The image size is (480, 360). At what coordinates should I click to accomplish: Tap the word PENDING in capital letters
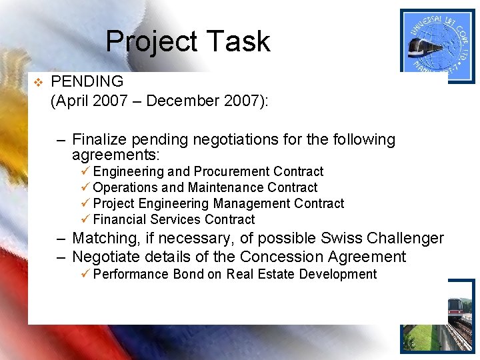[x=87, y=82]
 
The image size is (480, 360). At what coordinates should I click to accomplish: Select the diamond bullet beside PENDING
[x=38, y=83]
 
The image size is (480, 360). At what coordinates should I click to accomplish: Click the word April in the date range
[x=73, y=101]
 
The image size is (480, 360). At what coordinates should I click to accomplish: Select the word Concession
[x=280, y=257]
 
